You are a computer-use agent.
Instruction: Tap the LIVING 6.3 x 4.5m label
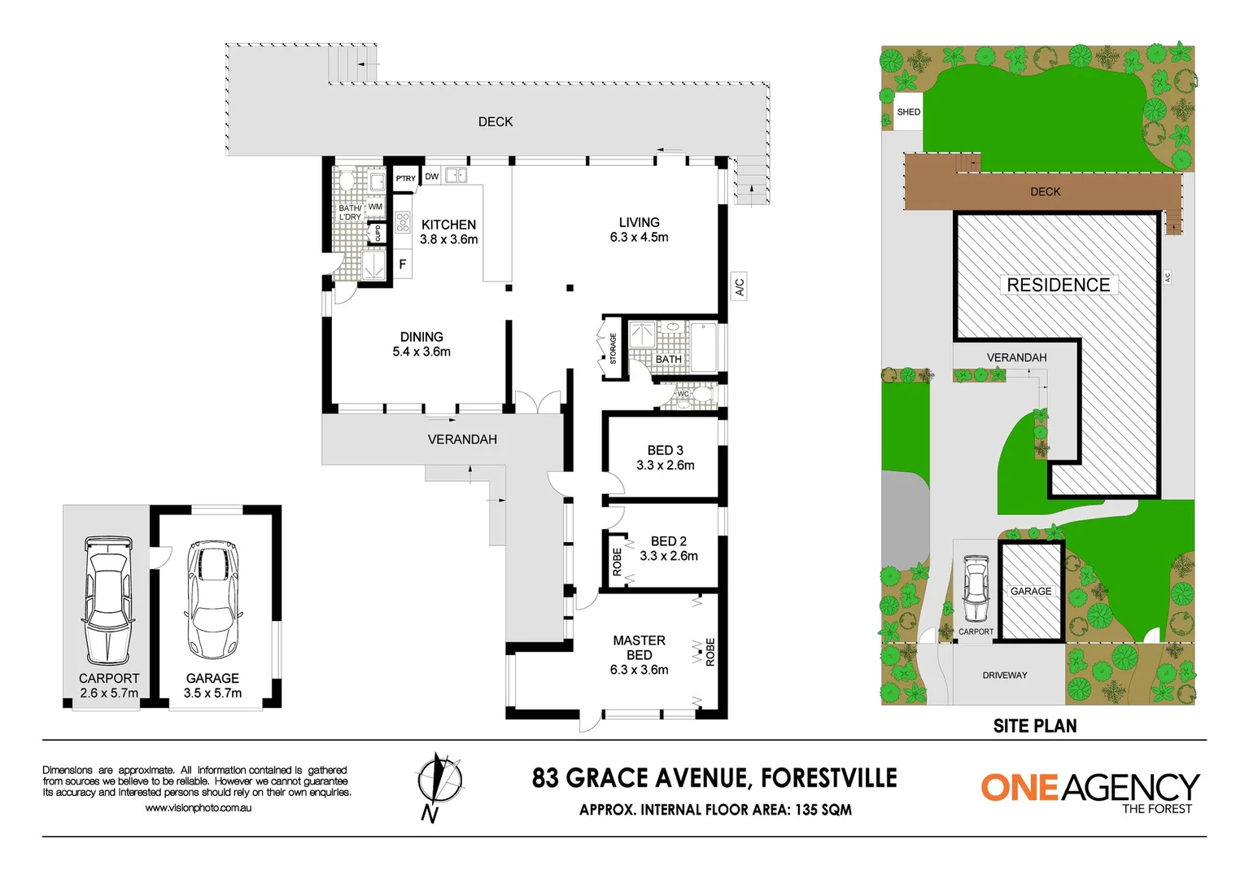click(639, 230)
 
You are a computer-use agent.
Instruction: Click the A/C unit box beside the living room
click(739, 286)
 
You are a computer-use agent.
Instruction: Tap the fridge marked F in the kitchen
click(402, 265)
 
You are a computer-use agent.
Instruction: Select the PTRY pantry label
click(405, 178)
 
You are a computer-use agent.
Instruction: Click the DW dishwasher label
click(431, 177)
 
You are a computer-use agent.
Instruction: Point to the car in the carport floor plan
click(107, 599)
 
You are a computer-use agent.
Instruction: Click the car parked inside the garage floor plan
click(212, 599)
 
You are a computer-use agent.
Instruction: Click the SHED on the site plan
click(908, 112)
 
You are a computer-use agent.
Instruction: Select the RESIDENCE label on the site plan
click(1058, 285)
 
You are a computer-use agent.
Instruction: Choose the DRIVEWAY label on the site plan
click(1004, 676)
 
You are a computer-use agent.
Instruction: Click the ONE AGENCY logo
click(1090, 790)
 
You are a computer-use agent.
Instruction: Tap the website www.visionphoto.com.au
click(198, 808)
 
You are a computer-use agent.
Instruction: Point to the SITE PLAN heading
click(1034, 726)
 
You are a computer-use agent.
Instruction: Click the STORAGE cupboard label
click(613, 348)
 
